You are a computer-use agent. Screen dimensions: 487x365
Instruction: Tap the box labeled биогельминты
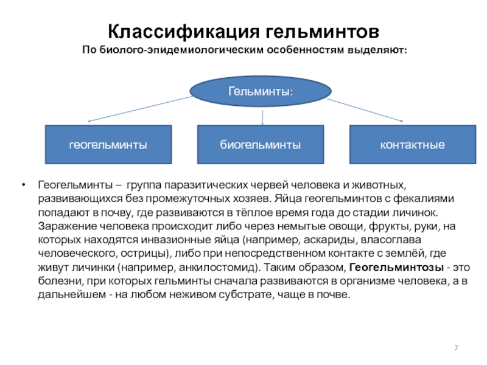[260, 145]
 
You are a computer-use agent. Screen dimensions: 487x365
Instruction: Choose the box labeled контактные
[412, 145]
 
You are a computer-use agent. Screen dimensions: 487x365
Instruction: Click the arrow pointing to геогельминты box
[152, 112]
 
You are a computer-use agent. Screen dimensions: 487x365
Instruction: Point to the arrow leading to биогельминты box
[262, 116]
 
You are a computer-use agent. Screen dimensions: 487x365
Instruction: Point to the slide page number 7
[455, 347]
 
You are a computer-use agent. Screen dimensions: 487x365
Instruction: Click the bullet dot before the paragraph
[23, 184]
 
